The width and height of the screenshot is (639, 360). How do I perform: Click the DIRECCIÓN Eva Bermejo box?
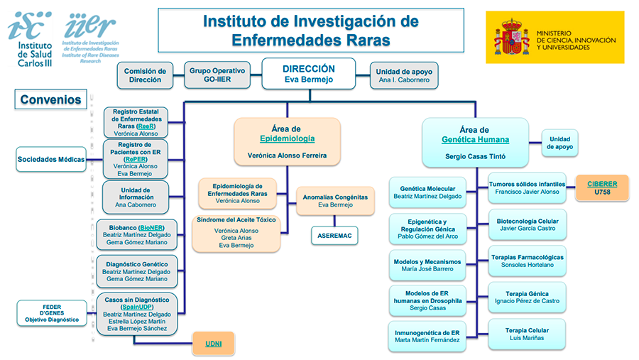pyautogui.click(x=308, y=75)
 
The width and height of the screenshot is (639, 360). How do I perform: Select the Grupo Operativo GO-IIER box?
pyautogui.click(x=218, y=75)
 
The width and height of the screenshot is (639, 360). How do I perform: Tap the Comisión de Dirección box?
pyautogui.click(x=145, y=75)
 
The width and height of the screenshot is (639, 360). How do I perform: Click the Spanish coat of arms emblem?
pyautogui.click(x=511, y=38)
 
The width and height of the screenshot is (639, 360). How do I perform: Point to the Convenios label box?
pyautogui.click(x=50, y=99)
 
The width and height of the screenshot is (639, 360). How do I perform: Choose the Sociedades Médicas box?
pyautogui.click(x=51, y=160)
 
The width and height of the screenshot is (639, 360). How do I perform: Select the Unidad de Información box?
pyautogui.click(x=135, y=197)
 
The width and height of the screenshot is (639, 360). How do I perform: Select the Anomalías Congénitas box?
pyautogui.click(x=335, y=200)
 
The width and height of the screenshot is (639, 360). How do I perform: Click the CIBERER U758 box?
pyautogui.click(x=602, y=187)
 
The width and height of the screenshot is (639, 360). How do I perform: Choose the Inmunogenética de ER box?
pyautogui.click(x=427, y=337)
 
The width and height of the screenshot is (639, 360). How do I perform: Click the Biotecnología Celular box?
pyautogui.click(x=527, y=224)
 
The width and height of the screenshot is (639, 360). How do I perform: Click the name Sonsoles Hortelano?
pyautogui.click(x=527, y=266)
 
